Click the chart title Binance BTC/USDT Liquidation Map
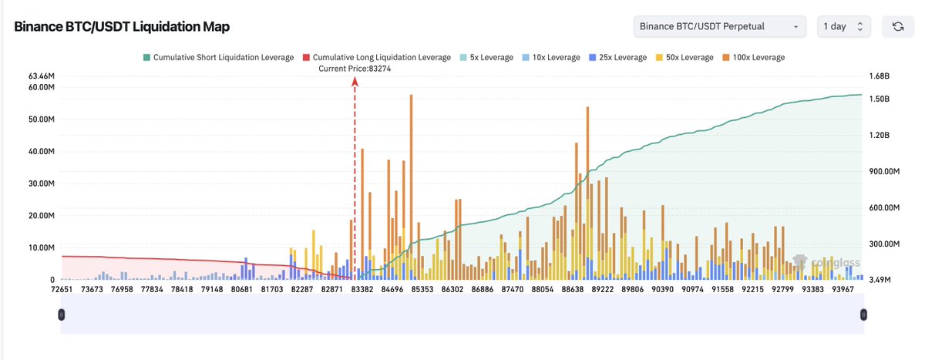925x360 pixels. click(x=122, y=26)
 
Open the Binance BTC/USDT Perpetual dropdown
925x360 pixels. click(x=719, y=26)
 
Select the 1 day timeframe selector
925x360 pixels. click(x=844, y=26)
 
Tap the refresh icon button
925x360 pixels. click(x=898, y=26)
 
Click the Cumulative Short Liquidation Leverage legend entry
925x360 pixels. click(x=218, y=57)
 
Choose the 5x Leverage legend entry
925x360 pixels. click(x=486, y=57)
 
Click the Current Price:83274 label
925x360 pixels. click(x=355, y=69)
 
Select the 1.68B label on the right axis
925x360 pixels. click(x=880, y=76)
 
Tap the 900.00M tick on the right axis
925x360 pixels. click(x=883, y=172)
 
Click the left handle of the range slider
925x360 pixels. click(x=62, y=315)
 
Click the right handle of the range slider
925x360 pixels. click(x=863, y=315)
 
